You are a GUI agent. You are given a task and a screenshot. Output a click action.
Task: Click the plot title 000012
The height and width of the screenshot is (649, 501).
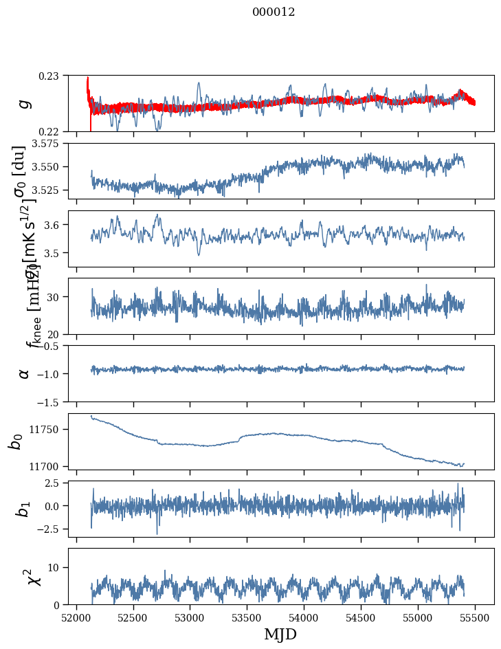click(x=274, y=12)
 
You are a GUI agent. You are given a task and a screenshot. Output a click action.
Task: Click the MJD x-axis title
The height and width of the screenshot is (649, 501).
click(x=280, y=634)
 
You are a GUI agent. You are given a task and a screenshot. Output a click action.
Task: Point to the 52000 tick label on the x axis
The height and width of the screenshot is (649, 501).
click(x=76, y=616)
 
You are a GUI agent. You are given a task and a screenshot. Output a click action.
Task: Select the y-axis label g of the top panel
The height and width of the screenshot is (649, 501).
click(x=24, y=103)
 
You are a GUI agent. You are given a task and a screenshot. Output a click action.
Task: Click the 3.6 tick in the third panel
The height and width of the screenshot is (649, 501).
click(x=56, y=225)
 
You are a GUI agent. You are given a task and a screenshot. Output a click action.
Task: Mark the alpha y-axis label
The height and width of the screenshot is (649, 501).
click(x=24, y=373)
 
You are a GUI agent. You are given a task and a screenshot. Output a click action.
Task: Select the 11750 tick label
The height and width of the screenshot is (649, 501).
click(x=50, y=430)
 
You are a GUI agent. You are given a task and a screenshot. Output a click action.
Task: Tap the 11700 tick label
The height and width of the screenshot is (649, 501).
click(x=50, y=466)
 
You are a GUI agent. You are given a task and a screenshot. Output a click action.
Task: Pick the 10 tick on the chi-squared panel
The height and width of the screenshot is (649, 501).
click(x=57, y=567)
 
